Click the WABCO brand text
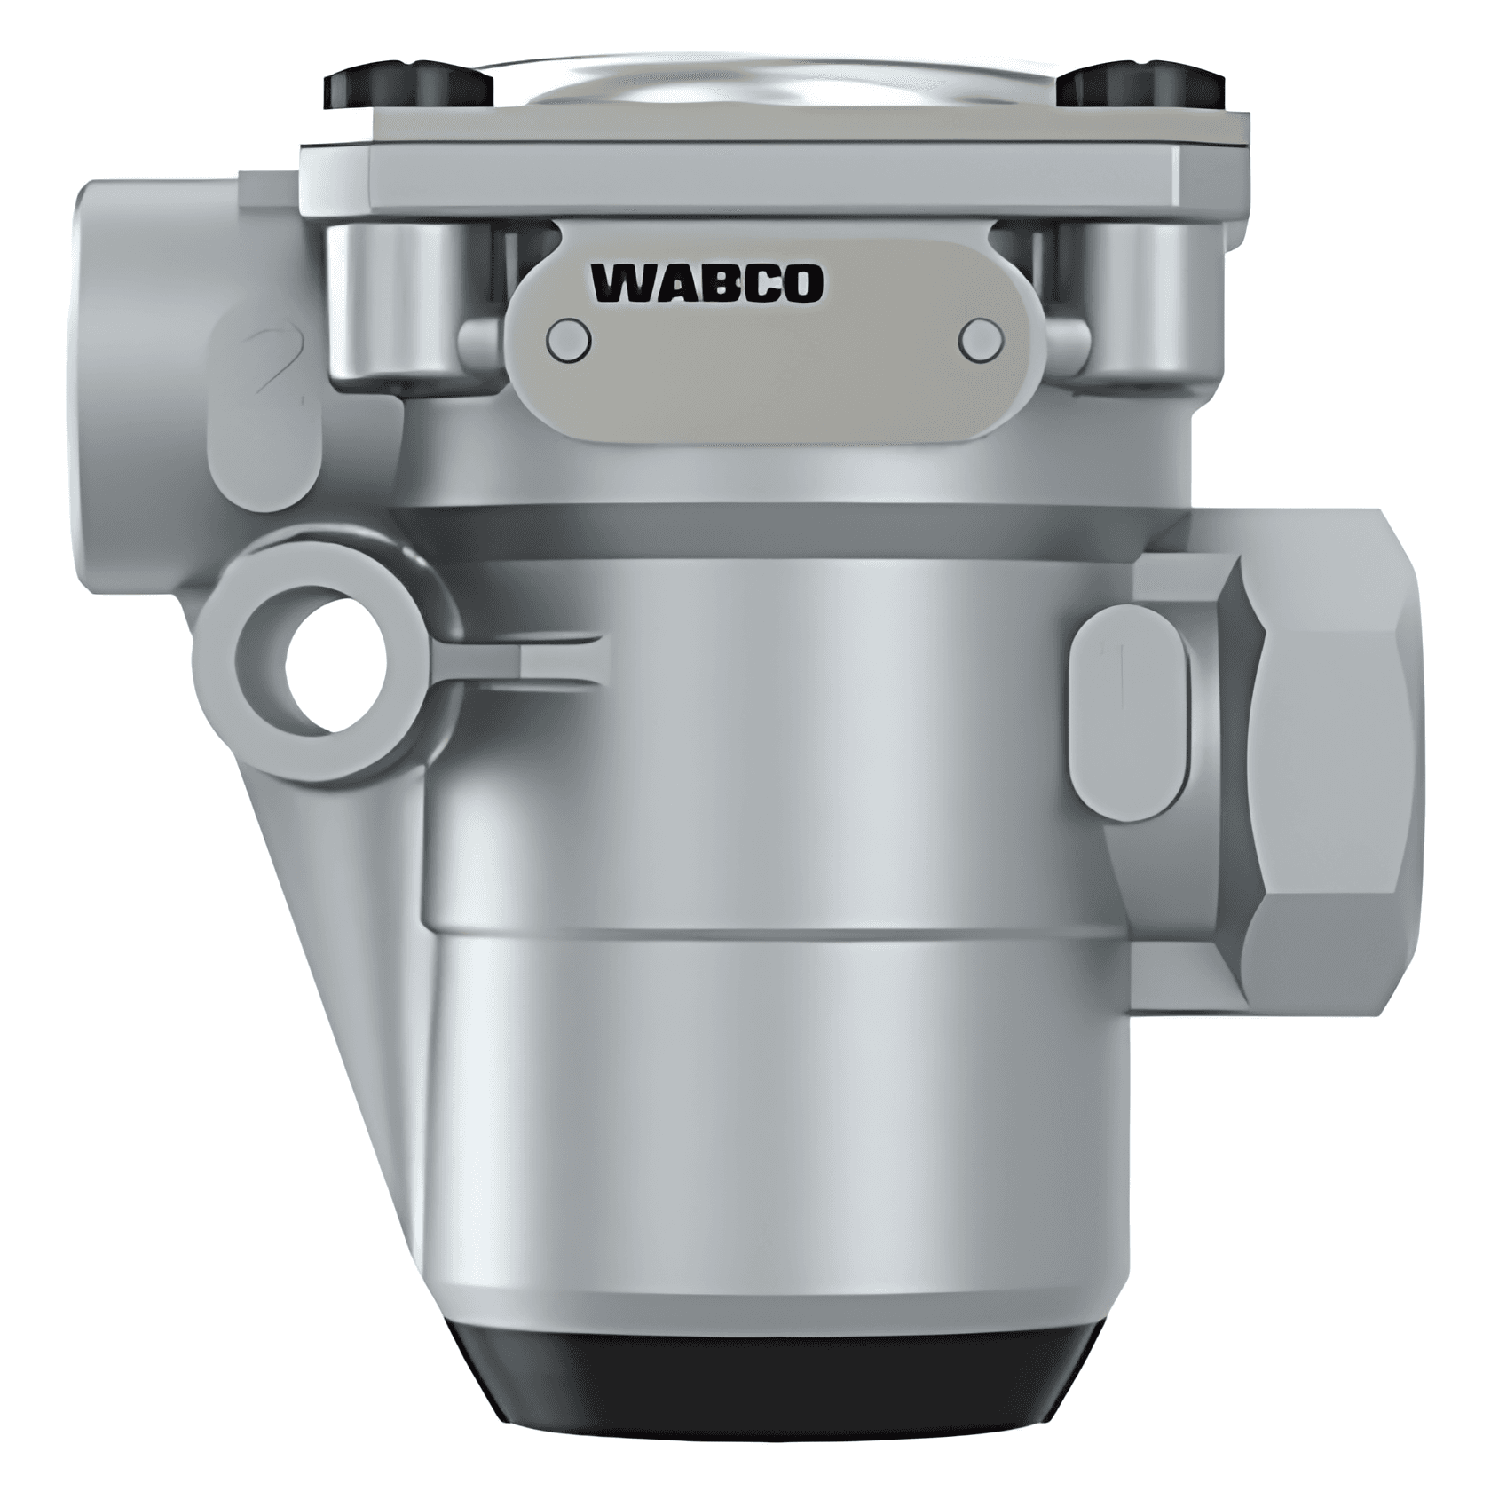(706, 283)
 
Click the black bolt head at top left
(409, 86)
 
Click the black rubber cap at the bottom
(781, 1393)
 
